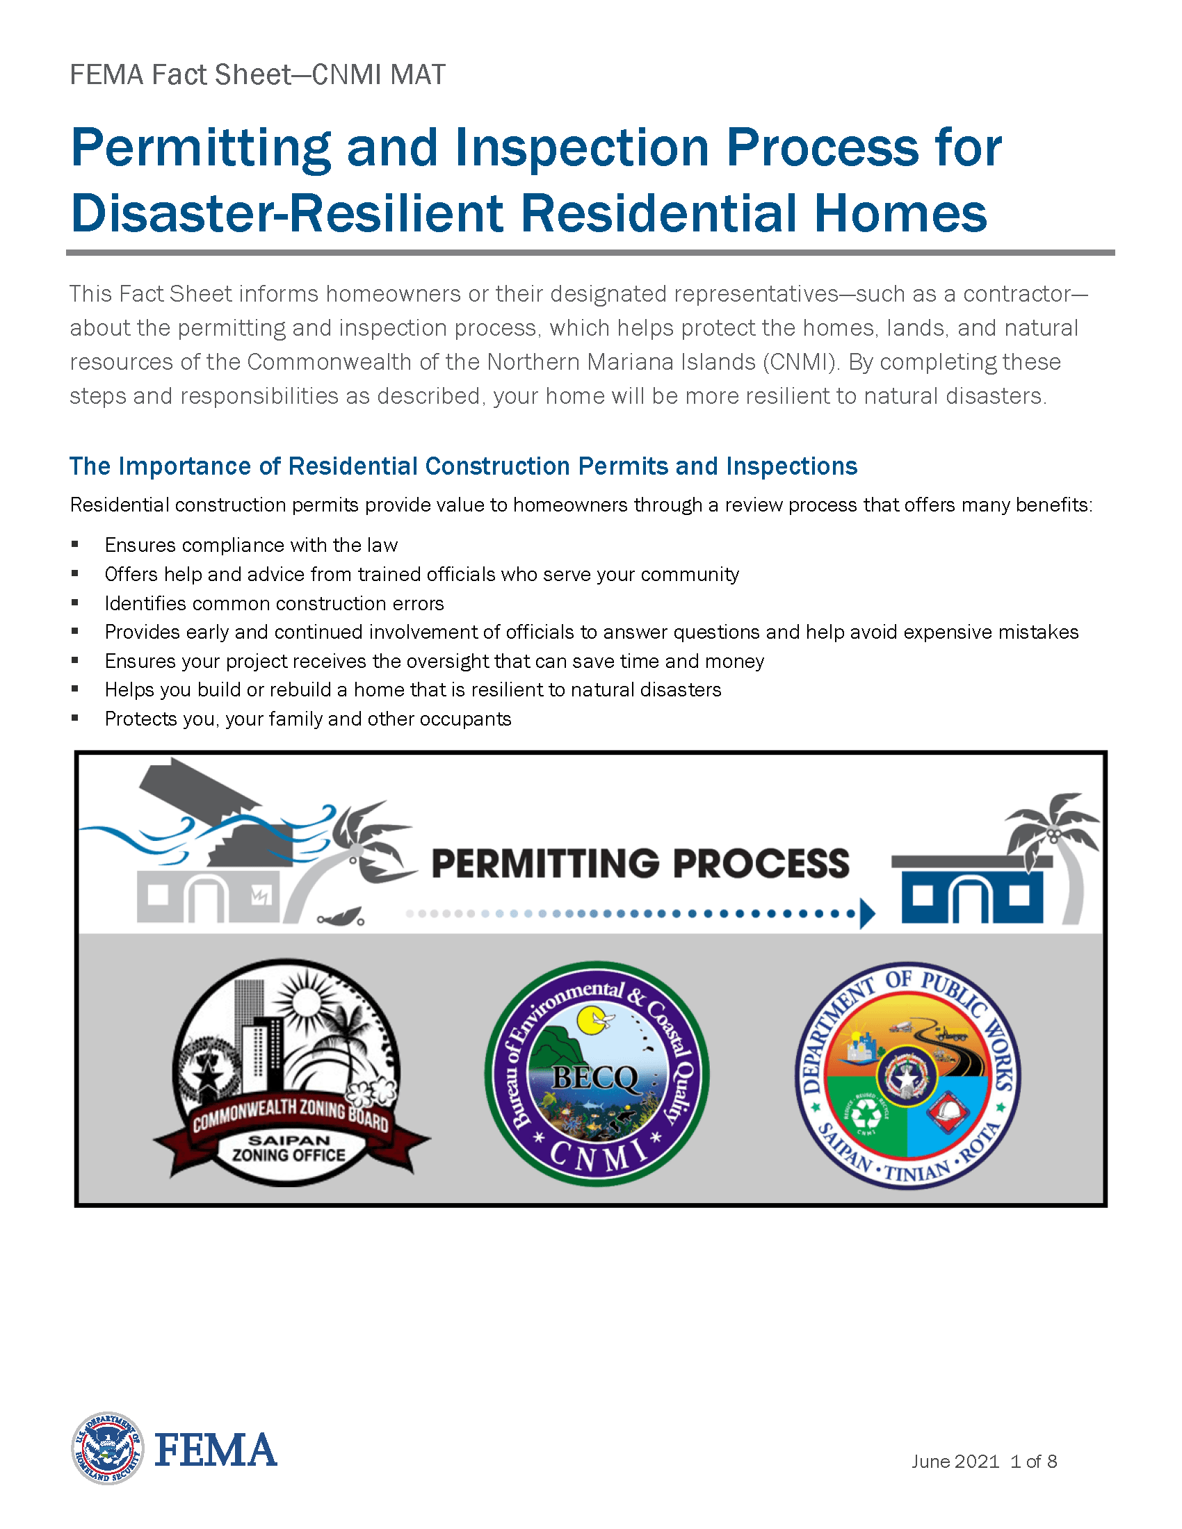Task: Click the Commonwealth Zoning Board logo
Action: pyautogui.click(x=290, y=1072)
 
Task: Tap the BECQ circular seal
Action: pyautogui.click(x=597, y=1073)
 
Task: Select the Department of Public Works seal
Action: pyautogui.click(x=907, y=1075)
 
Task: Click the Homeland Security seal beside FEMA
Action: pyautogui.click(x=108, y=1448)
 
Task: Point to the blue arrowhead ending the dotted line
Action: pyautogui.click(x=868, y=914)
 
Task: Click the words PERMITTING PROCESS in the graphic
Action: pyautogui.click(x=640, y=863)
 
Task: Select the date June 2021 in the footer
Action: pyautogui.click(x=955, y=1461)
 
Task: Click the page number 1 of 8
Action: pyautogui.click(x=1033, y=1461)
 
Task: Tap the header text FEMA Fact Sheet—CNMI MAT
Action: pyautogui.click(x=257, y=75)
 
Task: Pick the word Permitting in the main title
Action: pyautogui.click(x=201, y=149)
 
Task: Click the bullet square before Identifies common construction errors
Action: pyautogui.click(x=75, y=602)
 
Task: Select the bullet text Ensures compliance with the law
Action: pyautogui.click(x=251, y=545)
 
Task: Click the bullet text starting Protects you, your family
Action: pyautogui.click(x=308, y=719)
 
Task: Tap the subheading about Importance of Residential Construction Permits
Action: pyautogui.click(x=463, y=466)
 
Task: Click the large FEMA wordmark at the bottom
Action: pyautogui.click(x=216, y=1450)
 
